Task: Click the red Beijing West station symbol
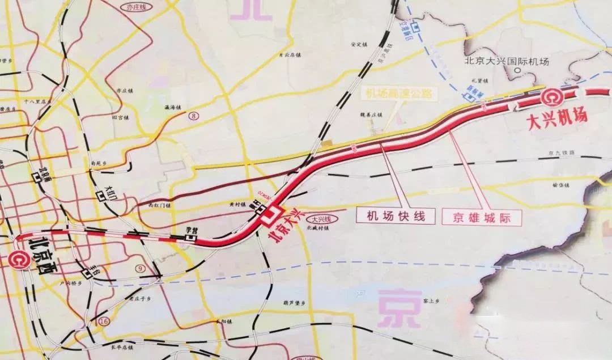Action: (18, 259)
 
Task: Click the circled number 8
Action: (195, 116)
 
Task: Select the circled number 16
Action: (103, 321)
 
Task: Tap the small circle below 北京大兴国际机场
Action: (516, 71)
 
